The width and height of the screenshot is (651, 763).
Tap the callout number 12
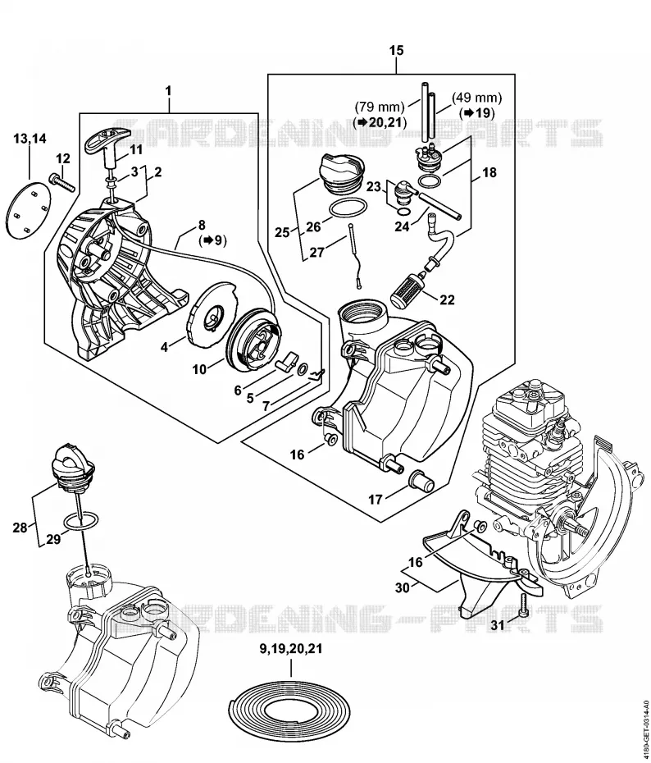point(62,158)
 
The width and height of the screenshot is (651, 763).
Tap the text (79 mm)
point(380,106)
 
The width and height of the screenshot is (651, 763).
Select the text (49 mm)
point(476,98)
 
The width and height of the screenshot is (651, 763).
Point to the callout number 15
point(396,51)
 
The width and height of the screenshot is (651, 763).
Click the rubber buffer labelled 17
point(422,481)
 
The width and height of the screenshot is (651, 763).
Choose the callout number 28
point(20,527)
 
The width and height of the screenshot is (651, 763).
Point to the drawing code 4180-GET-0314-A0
point(644,720)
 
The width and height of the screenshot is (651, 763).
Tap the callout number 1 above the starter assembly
point(168,91)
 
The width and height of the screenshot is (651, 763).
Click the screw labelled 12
point(61,182)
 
